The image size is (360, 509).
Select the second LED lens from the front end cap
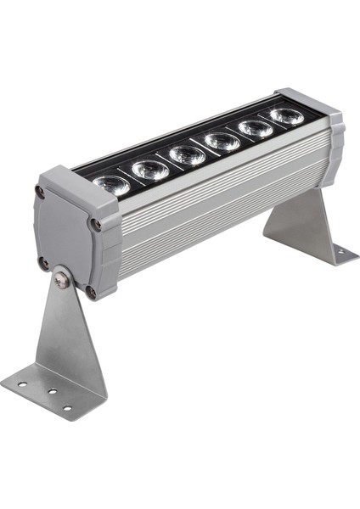[150, 169]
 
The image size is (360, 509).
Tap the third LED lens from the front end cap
[187, 154]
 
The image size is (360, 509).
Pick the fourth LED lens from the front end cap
[222, 141]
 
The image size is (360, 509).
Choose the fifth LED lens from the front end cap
[256, 128]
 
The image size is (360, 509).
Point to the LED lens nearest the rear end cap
[287, 115]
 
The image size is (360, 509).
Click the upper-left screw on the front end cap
[40, 193]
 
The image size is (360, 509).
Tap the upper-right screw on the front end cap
[96, 225]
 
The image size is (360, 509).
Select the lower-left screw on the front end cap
[43, 262]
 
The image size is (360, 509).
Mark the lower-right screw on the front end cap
[91, 292]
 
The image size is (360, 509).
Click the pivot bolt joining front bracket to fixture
[61, 277]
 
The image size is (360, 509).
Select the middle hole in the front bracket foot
[52, 393]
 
